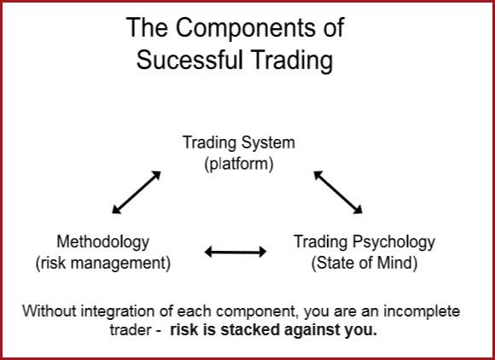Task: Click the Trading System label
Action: [239, 142]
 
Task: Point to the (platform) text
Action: [239, 164]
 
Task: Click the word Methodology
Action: [103, 242]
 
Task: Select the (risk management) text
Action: [103, 264]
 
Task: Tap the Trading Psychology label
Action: [364, 242]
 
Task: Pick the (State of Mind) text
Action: [364, 263]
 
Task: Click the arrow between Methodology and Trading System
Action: [137, 193]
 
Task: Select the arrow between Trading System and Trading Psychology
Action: [338, 192]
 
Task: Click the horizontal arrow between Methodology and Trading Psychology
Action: [236, 252]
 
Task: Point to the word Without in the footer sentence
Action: [49, 311]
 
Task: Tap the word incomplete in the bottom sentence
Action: [422, 312]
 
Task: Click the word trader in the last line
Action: [131, 330]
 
